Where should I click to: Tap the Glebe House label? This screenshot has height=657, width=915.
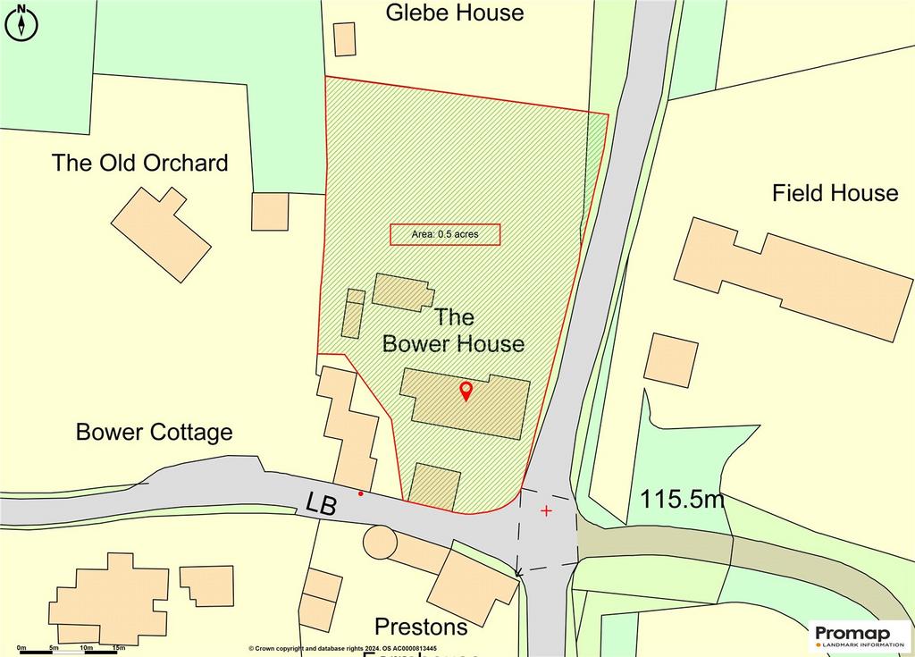pos(454,13)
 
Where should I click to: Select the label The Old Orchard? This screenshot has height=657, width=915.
pos(139,163)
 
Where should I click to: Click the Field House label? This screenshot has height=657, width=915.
pos(835,193)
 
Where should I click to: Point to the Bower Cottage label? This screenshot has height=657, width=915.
pos(154,433)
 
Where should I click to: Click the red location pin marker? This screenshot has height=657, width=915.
pos(466,391)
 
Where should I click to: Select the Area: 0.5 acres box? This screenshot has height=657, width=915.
pos(444,234)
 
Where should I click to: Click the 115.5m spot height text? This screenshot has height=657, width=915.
pos(681,500)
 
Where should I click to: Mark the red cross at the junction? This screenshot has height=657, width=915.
pos(546,510)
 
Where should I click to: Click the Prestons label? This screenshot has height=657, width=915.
pos(421,627)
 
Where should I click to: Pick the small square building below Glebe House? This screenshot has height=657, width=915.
pos(344,39)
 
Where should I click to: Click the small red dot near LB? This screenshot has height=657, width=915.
pos(361,493)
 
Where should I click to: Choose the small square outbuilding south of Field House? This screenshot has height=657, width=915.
pos(670,359)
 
